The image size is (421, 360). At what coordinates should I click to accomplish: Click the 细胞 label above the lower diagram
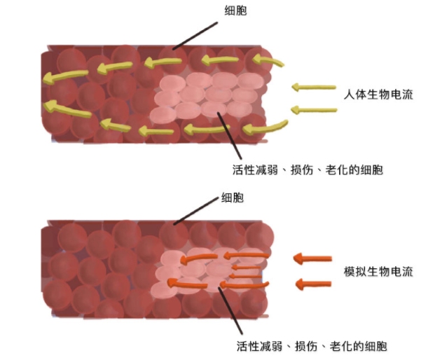(x=232, y=199)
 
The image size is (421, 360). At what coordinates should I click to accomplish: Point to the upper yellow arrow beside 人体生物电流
(x=313, y=88)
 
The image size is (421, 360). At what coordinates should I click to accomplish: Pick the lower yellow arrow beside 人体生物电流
(x=313, y=109)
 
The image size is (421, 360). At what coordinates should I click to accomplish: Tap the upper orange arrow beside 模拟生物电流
(x=312, y=258)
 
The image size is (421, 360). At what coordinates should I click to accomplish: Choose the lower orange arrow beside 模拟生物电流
(x=312, y=284)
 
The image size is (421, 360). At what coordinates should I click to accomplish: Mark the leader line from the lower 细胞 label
(x=197, y=211)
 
